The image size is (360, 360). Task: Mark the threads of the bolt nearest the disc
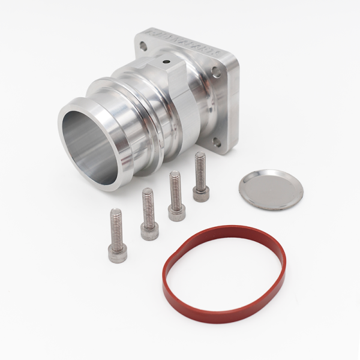200,168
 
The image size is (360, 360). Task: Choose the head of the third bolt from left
176,211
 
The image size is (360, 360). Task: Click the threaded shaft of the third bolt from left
175,187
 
